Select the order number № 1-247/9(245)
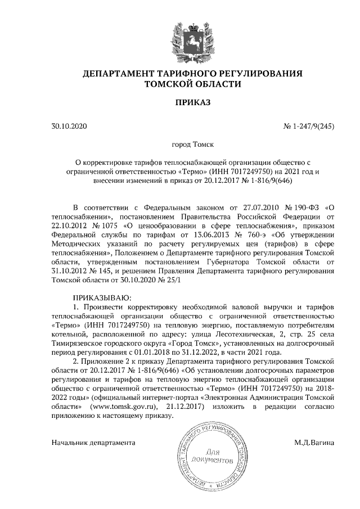[308, 126]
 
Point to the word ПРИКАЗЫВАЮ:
[102, 296]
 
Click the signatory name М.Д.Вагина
[314, 443]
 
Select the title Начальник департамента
[93, 443]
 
